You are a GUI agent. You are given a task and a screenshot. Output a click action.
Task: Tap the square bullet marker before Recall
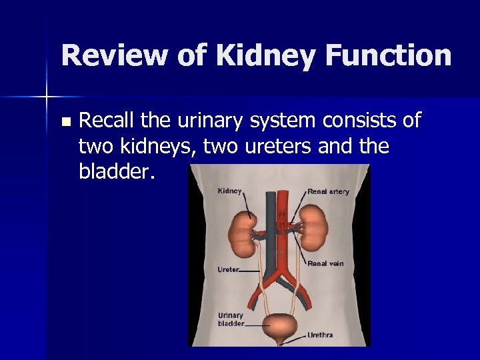pyautogui.click(x=65, y=123)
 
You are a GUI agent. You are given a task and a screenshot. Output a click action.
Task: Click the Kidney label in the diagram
pyautogui.click(x=230, y=191)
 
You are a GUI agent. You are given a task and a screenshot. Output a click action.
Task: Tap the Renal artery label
pyautogui.click(x=328, y=191)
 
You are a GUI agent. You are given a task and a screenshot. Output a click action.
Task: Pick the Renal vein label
pyautogui.click(x=325, y=263)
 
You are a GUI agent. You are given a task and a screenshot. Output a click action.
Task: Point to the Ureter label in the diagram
pyautogui.click(x=228, y=270)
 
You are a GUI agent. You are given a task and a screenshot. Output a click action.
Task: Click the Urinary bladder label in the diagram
pyautogui.click(x=231, y=319)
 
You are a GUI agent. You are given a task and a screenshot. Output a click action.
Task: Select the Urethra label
pyautogui.click(x=320, y=335)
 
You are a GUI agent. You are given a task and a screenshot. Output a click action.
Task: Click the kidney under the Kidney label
pyautogui.click(x=243, y=235)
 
